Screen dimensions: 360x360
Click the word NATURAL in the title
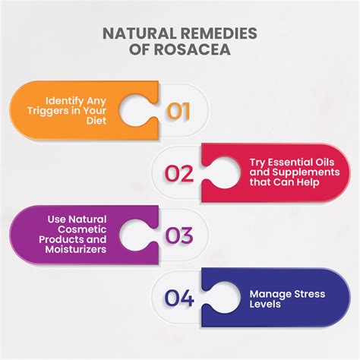[139, 33]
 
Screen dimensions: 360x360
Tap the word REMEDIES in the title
[219, 33]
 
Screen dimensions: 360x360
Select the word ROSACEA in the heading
[192, 49]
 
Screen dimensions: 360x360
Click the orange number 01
[178, 111]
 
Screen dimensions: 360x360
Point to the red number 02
[179, 173]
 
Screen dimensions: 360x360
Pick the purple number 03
[179, 235]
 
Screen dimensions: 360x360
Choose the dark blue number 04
[179, 298]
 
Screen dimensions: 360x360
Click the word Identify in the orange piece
[65, 101]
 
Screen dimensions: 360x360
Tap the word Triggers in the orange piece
[48, 111]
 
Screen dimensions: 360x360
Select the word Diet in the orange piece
[96, 121]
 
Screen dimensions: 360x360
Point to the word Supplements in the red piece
[306, 172]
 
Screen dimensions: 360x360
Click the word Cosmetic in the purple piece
[82, 229]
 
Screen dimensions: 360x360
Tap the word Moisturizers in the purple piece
[76, 249]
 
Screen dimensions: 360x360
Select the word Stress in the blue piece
[309, 294]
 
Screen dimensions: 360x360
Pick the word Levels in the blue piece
[265, 304]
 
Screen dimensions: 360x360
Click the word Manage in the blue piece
[270, 295]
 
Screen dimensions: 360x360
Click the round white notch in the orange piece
[136, 110]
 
